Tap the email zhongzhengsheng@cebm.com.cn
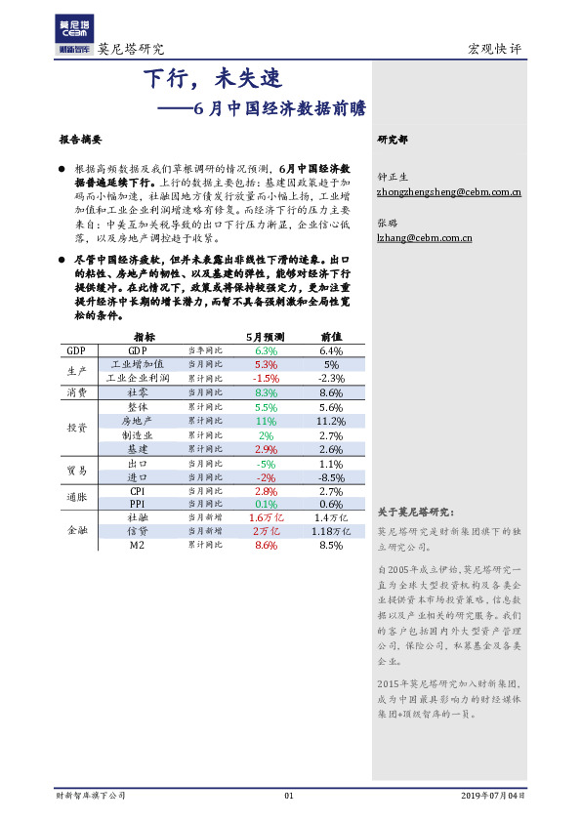[x=448, y=193]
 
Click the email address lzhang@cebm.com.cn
[x=425, y=236]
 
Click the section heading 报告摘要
[x=80, y=140]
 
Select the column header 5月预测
[x=265, y=335]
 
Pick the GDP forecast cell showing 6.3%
[x=266, y=350]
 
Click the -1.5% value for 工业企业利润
[x=266, y=378]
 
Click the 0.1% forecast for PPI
[x=266, y=504]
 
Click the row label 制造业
[x=138, y=434]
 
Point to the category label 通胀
[x=76, y=497]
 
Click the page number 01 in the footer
[x=289, y=796]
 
